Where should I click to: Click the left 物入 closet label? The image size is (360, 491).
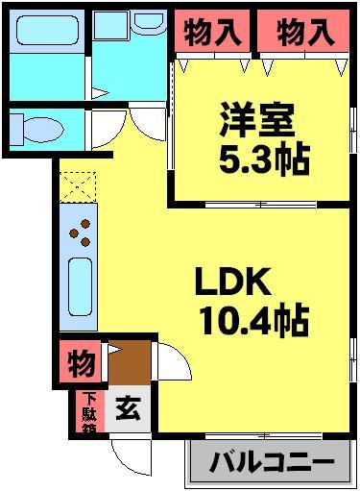pyautogui.click(x=212, y=34)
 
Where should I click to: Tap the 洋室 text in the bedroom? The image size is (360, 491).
pyautogui.click(x=255, y=125)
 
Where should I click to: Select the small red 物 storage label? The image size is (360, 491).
pyautogui.click(x=81, y=364)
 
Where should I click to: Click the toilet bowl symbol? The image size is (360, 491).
pyautogui.click(x=38, y=127)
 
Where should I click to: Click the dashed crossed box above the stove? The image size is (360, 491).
pyautogui.click(x=75, y=186)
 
